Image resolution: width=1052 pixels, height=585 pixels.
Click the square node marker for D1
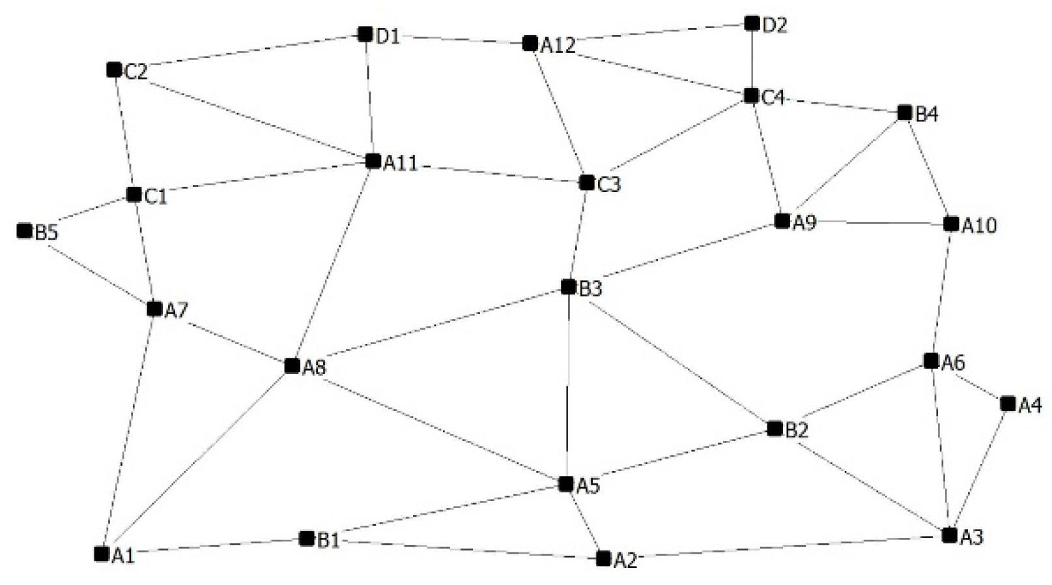point(365,34)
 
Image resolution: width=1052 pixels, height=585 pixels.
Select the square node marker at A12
point(530,44)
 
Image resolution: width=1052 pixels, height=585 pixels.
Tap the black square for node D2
point(752,24)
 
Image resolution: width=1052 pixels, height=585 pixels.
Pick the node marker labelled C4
point(751,96)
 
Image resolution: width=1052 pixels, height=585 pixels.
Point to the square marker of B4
point(904,113)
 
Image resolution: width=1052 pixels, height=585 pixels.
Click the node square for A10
point(951,224)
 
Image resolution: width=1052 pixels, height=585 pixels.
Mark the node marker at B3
point(569,287)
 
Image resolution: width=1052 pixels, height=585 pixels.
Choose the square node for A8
point(292,366)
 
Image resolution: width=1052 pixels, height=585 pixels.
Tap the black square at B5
point(25,231)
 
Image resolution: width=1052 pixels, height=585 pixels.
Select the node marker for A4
point(1008,404)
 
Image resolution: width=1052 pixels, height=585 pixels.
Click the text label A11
point(400,163)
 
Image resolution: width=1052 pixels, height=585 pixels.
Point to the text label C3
point(609,185)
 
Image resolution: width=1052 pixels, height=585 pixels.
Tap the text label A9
point(804,223)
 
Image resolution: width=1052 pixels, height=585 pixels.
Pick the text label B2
point(797,431)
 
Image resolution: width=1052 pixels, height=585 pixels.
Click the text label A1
point(123,556)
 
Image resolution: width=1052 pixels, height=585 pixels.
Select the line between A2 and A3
point(782,547)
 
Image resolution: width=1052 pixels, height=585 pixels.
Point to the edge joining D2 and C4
point(752,60)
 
